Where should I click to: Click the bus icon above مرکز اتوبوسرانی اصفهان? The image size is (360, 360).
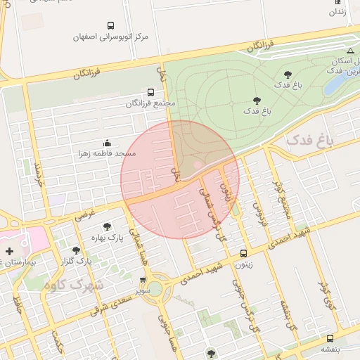[111, 25]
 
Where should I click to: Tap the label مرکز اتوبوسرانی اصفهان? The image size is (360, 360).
[111, 36]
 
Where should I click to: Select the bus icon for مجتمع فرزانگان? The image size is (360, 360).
[150, 92]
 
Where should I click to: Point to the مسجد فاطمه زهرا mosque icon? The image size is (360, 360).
[107, 143]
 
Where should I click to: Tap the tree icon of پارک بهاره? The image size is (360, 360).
[107, 226]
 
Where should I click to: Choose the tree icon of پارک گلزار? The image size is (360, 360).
[76, 250]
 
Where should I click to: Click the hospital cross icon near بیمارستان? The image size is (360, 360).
[9, 251]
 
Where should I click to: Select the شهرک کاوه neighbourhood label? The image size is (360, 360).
[72, 285]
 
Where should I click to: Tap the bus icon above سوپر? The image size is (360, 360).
[143, 280]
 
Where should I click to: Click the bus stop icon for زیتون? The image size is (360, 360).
[243, 253]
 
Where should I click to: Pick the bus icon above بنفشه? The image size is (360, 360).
[330, 339]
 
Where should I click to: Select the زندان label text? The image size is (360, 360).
[338, 12]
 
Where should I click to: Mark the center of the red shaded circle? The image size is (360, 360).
[180, 179]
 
